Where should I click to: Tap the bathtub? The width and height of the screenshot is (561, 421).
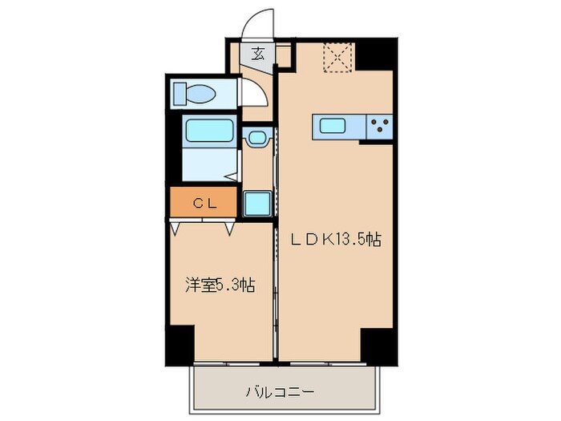point(208,131)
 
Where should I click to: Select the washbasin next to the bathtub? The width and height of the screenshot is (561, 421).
point(256,138)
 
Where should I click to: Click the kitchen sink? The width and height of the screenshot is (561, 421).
point(332,125)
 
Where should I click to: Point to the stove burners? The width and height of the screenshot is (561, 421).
point(380,126)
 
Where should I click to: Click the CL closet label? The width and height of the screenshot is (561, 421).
point(203,203)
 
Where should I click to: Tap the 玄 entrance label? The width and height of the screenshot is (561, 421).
point(259,55)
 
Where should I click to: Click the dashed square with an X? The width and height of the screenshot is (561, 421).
point(337,58)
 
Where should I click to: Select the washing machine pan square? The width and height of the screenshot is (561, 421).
point(256,204)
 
